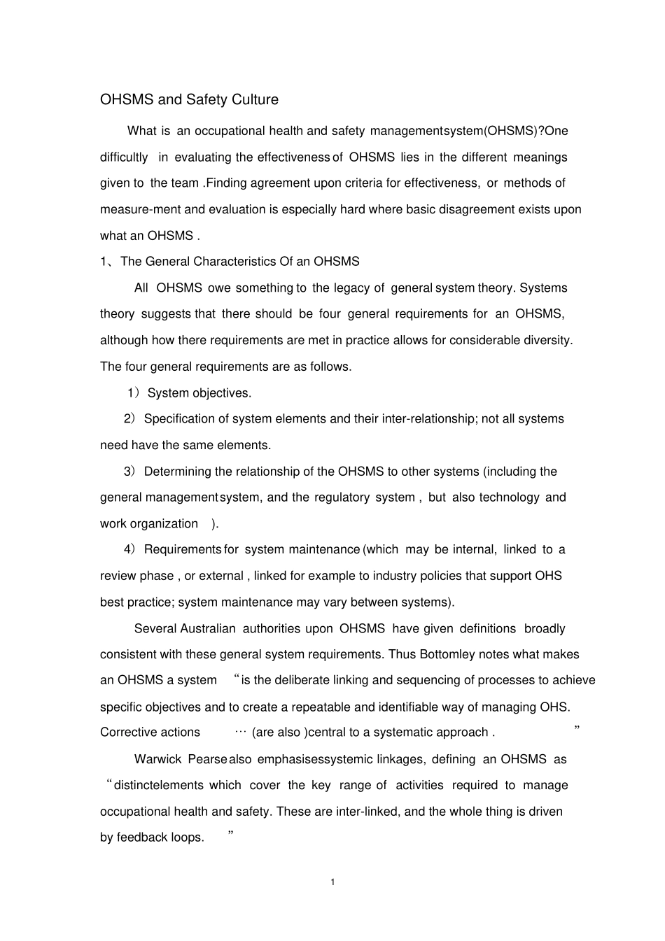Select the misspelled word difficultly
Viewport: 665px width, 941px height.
click(124, 157)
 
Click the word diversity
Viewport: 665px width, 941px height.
click(547, 341)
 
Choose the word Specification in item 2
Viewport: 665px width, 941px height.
click(178, 419)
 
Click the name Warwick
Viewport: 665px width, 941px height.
click(157, 760)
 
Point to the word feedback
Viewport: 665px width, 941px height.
click(143, 838)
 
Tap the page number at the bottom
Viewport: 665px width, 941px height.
click(332, 882)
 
